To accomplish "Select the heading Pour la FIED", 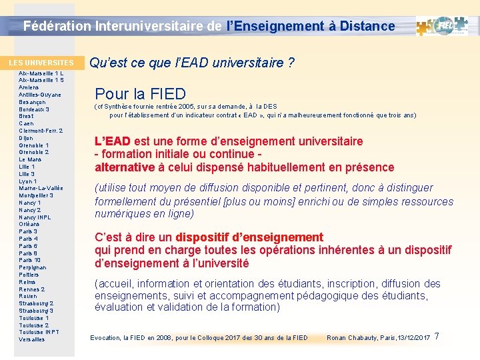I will pos(140,94).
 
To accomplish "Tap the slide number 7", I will pos(437,336).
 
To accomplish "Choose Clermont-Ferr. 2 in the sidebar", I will pos(41,131).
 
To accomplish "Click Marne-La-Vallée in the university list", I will pos(41,189).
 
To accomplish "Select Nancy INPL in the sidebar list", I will pos(35,217).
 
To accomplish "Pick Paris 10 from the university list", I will pos(29,261).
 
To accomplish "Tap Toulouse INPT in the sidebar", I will pos(39,332).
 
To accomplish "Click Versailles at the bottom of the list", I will pos(32,339).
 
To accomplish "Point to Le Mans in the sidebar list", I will pos(31,160).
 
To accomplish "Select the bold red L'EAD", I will pos(113,141).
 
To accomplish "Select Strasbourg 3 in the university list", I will pos(36,311).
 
